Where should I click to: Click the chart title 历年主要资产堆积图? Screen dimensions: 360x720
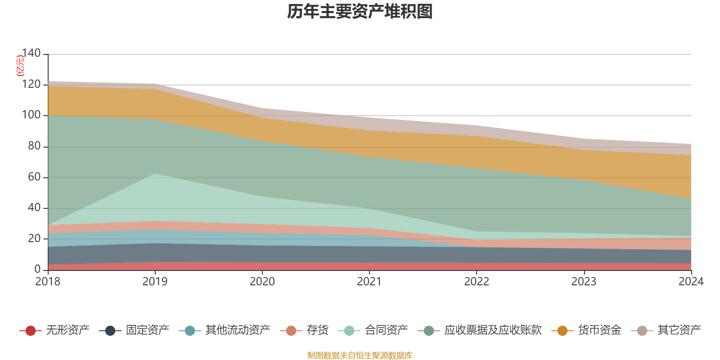[x=360, y=12]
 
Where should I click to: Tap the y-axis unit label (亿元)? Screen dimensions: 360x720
[x=20, y=66]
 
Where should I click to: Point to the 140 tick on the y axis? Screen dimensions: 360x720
[x=31, y=53]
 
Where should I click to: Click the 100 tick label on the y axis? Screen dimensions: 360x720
[x=31, y=115]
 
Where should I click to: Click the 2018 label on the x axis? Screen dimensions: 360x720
[x=48, y=282]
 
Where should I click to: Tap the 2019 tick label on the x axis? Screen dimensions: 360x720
[x=155, y=282]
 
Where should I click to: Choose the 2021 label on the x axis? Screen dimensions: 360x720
[x=369, y=282]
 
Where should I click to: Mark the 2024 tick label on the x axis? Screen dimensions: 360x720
[x=691, y=282]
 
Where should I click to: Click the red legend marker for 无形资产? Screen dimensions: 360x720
[x=31, y=331]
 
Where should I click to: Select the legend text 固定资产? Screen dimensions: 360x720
[x=147, y=330]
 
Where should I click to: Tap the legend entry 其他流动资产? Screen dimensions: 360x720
[x=238, y=330]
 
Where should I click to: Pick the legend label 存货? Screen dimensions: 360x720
[x=317, y=330]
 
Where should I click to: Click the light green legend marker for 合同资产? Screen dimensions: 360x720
[x=349, y=331]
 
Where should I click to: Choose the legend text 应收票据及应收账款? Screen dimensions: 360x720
[x=493, y=330]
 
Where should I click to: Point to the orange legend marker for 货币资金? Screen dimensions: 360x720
[x=562, y=331]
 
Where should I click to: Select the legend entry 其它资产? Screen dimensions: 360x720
[x=679, y=330]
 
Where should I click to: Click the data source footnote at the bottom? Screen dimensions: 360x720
[x=360, y=355]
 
